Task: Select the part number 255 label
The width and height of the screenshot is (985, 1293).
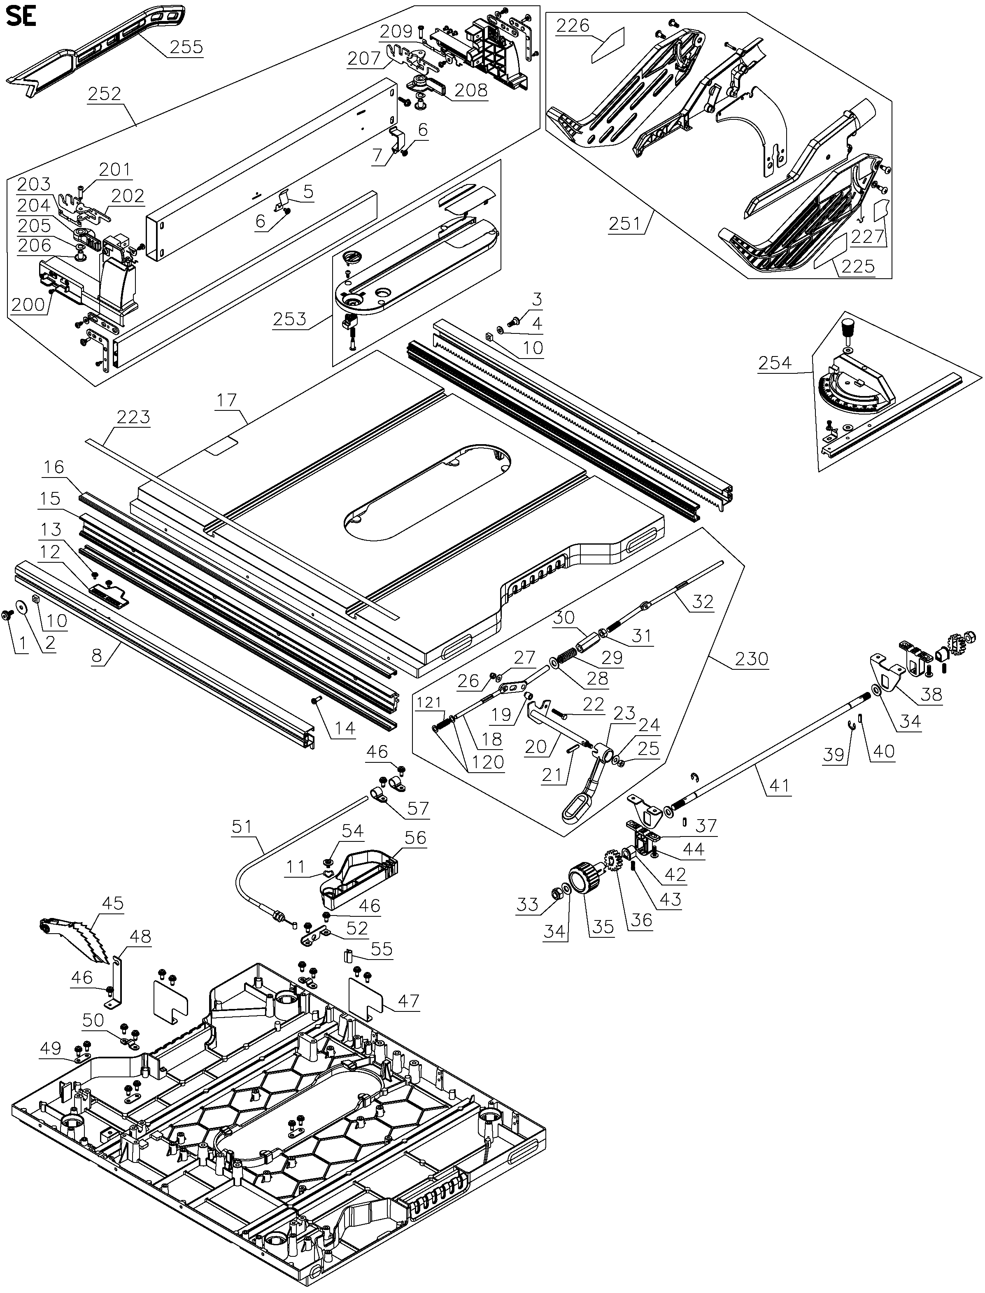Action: (x=186, y=47)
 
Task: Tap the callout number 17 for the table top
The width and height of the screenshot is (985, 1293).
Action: (x=226, y=400)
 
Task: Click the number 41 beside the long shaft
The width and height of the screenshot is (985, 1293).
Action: (x=779, y=785)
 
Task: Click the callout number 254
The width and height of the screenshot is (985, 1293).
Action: (x=775, y=363)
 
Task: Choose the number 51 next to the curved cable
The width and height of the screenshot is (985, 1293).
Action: (x=242, y=827)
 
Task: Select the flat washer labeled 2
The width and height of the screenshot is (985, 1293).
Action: (x=25, y=607)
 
